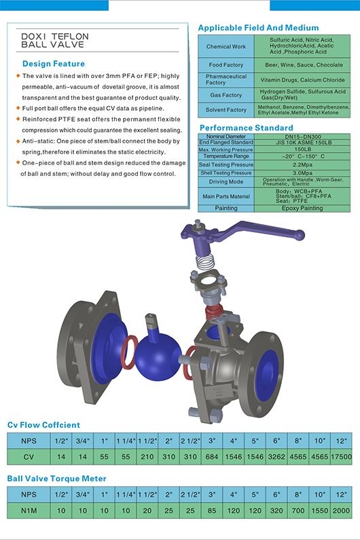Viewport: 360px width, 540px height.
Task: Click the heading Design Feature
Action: [x=50, y=63]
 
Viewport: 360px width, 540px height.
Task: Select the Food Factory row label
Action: [x=226, y=65]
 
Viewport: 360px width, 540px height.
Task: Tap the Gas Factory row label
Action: [x=226, y=95]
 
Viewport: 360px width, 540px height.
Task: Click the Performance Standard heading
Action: [x=246, y=128]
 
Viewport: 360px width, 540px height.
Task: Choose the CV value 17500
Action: [x=342, y=457]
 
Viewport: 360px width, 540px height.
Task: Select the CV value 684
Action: [x=213, y=457]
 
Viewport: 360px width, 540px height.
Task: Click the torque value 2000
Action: [x=342, y=509]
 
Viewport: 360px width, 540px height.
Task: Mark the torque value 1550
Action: [x=320, y=509]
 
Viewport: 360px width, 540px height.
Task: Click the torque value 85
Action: [x=213, y=509]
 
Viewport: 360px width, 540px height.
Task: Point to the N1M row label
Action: [x=29, y=509]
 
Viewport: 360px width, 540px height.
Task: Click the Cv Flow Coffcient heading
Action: [x=43, y=425]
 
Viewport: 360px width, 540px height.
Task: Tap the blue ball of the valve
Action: [x=158, y=355]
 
